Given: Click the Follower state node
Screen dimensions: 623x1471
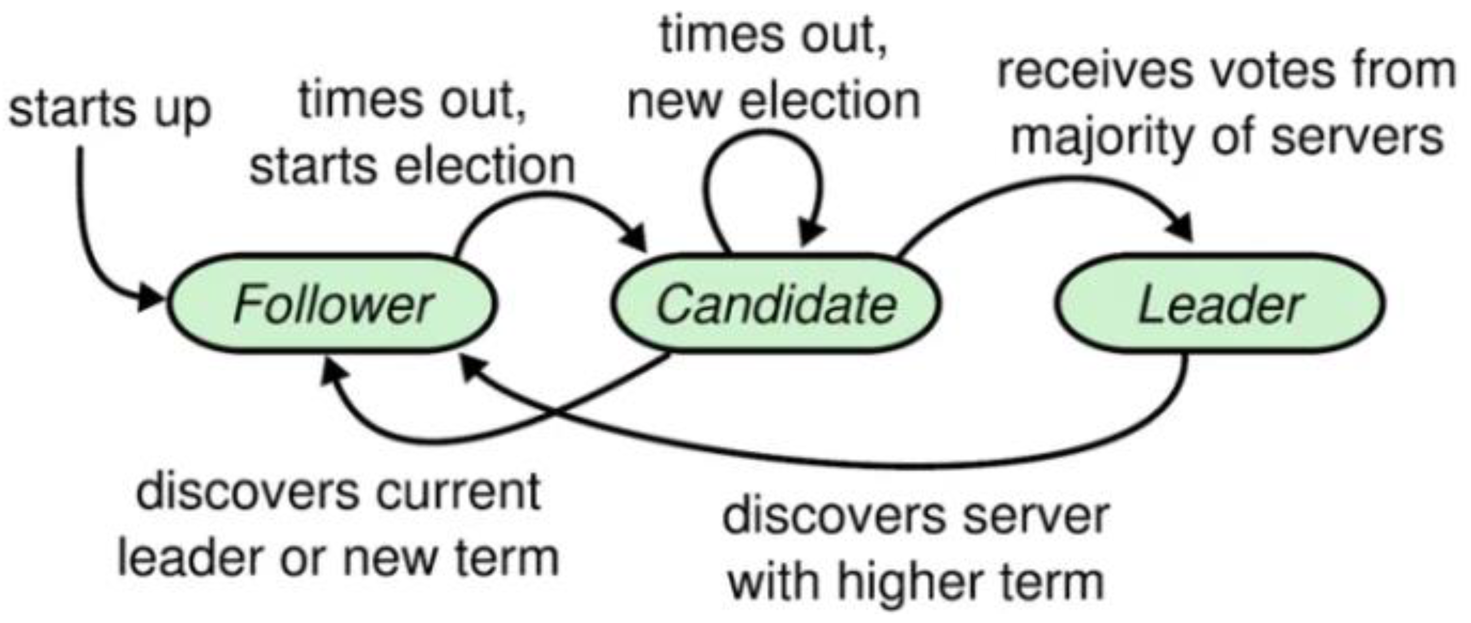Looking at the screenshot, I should pyautogui.click(x=332, y=304).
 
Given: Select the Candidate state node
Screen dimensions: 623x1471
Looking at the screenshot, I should pyautogui.click(x=775, y=304).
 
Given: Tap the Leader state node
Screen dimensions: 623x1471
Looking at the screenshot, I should pyautogui.click(x=1220, y=304).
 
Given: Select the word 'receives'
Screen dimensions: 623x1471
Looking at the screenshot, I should pyautogui.click(x=1070, y=72).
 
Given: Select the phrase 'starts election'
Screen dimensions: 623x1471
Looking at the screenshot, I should pyautogui.click(x=413, y=167).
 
